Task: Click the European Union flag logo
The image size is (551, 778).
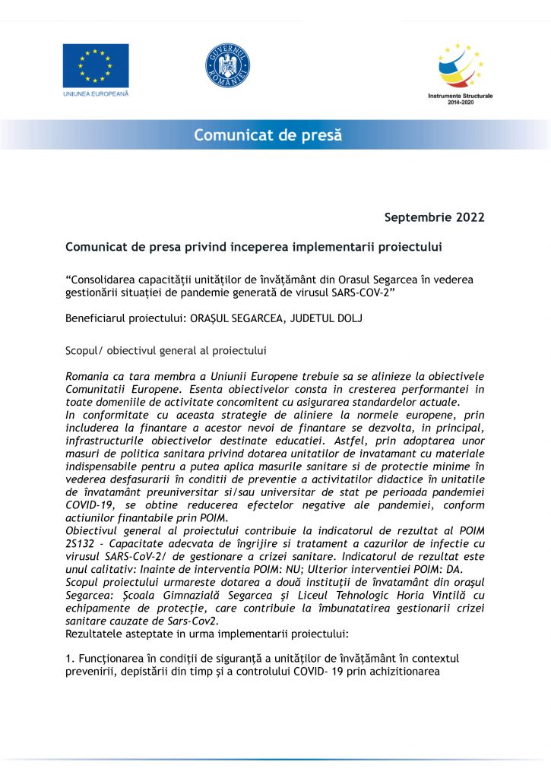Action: [x=96, y=66]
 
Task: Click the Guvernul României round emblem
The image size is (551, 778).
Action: [x=227, y=66]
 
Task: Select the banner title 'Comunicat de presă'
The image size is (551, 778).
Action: [x=268, y=135]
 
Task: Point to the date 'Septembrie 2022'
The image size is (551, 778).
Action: [x=434, y=218]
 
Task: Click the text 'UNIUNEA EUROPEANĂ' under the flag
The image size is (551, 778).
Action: [x=96, y=94]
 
